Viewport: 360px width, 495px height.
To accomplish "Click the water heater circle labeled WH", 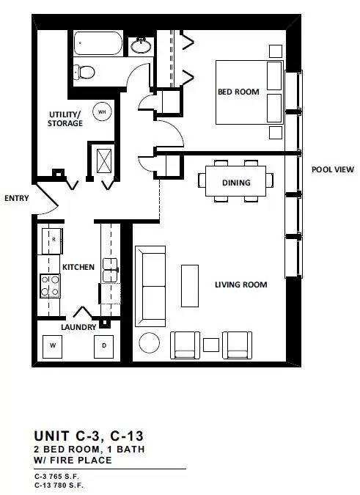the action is pos(102,111).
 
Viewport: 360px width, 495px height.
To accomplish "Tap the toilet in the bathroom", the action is pos(84,72).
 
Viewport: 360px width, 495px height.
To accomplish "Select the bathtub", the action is pos(98,43).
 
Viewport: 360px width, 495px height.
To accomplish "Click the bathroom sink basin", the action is pos(141,45).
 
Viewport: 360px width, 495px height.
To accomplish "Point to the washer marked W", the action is pos(52,346).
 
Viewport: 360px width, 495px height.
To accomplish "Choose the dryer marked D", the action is pos(104,346).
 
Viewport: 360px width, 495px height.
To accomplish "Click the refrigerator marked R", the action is pos(52,241).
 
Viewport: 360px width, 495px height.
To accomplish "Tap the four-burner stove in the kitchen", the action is pos(50,286).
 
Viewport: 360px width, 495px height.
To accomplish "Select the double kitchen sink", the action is pos(110,270).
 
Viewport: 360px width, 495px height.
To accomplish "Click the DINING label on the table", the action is pos(236,183).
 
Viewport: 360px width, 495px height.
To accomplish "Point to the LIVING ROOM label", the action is pos(241,285).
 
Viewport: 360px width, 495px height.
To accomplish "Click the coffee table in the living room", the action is pos(190,286).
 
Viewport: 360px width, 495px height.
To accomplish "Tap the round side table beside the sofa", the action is pos(150,343).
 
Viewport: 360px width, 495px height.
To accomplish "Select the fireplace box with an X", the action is pos(104,161).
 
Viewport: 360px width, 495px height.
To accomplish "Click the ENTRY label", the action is pos(17,198).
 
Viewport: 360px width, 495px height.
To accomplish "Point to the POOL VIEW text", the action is pos(333,169).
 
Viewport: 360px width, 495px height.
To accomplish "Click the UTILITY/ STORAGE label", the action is pos(65,119).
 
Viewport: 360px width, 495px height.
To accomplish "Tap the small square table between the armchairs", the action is pos(211,345).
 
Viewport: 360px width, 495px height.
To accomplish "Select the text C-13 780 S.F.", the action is pos(59,485).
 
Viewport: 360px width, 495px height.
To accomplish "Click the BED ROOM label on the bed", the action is pos(238,92).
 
